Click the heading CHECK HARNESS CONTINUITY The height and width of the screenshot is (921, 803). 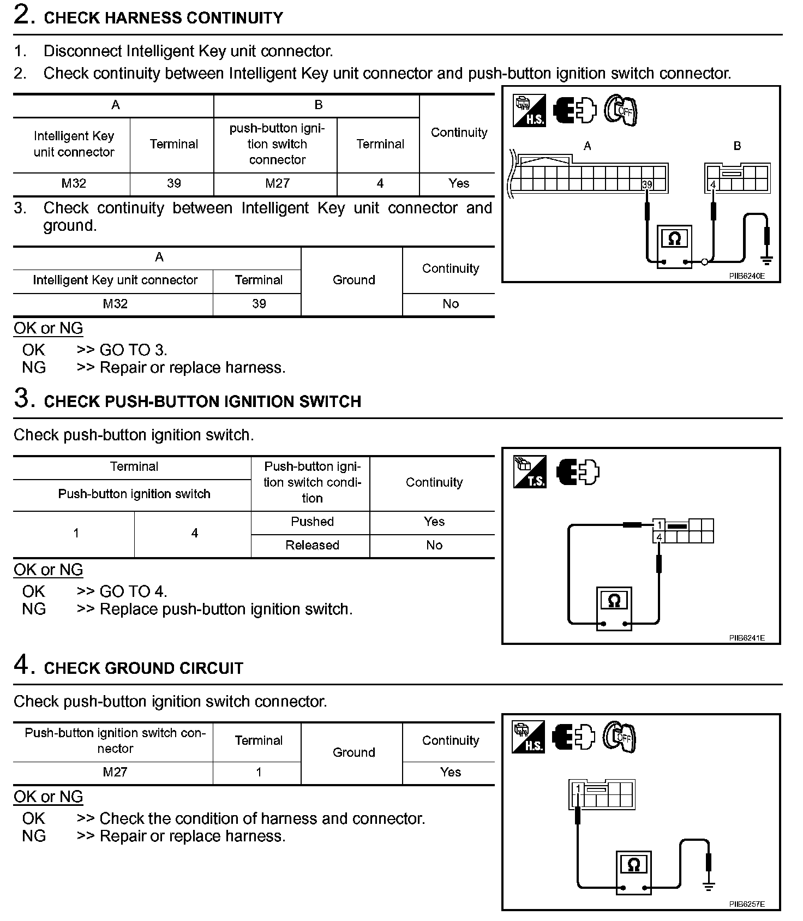pos(163,18)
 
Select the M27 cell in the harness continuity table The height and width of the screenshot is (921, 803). pos(277,183)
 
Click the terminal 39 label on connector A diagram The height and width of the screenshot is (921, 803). pos(647,184)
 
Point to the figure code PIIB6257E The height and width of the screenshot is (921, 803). pos(747,904)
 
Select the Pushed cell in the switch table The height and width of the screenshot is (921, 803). pos(312,522)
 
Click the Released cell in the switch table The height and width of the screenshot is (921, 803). pos(312,545)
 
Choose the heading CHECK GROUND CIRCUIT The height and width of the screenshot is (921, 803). pos(143,668)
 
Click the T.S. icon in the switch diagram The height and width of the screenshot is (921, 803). pos(529,471)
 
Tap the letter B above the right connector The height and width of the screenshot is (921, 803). pos(737,146)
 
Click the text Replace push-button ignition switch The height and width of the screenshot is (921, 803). pos(226,609)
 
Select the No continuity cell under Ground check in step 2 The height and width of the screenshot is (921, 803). pos(450,304)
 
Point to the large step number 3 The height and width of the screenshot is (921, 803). pos(22,398)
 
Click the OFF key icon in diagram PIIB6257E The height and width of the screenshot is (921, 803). pos(620,737)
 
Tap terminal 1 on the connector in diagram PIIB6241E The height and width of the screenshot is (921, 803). pos(659,525)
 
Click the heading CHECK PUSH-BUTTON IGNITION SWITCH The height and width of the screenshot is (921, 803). pos(202,402)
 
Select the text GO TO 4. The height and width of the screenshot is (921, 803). pos(133,591)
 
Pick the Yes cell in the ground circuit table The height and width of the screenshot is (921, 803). pos(450,772)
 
